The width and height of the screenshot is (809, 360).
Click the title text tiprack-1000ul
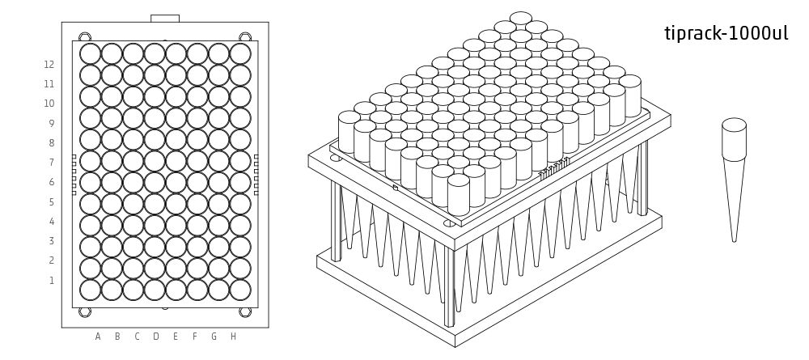click(726, 33)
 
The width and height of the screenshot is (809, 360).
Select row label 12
click(49, 65)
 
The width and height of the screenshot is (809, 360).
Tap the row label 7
click(51, 163)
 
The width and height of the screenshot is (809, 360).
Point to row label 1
click(52, 281)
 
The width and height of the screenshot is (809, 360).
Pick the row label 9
click(51, 123)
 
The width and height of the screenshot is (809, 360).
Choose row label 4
click(51, 222)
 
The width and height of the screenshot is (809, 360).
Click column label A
click(98, 337)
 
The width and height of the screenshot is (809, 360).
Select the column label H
click(233, 337)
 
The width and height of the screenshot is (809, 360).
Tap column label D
click(156, 337)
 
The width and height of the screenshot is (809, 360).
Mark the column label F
click(194, 337)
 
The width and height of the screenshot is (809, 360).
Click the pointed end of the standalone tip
click(735, 241)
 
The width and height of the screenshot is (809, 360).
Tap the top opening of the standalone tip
click(735, 125)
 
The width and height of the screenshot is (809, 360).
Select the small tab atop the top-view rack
click(165, 19)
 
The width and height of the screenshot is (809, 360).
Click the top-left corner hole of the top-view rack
click(85, 36)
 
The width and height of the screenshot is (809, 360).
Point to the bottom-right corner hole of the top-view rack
click(245, 312)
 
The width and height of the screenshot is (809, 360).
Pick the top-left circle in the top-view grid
click(91, 53)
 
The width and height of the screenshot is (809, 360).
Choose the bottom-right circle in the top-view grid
click(240, 290)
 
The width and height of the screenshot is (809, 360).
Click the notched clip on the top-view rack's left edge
click(74, 175)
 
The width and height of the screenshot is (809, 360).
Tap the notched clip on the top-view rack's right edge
click(256, 175)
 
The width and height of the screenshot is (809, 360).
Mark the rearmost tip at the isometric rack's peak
click(520, 18)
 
